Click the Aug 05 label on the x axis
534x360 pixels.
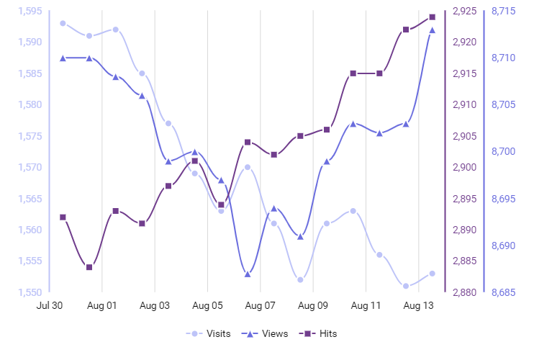pyautogui.click(x=208, y=305)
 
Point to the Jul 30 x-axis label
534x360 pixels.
pyautogui.click(x=49, y=305)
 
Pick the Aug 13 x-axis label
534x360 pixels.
pyautogui.click(x=419, y=305)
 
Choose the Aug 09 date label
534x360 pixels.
pyautogui.click(x=313, y=305)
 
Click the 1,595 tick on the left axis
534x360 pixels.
pyautogui.click(x=30, y=11)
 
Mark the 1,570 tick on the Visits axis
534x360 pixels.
pyautogui.click(x=30, y=167)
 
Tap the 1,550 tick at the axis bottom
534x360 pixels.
pyautogui.click(x=30, y=292)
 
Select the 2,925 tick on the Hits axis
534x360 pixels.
pyautogui.click(x=464, y=11)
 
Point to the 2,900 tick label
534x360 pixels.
pyautogui.click(x=464, y=167)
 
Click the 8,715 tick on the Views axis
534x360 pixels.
pyautogui.click(x=503, y=11)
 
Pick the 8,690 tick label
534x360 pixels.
pyautogui.click(x=503, y=246)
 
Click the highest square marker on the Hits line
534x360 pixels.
pyautogui.click(x=433, y=17)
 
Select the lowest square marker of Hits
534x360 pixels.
pyautogui.click(x=89, y=267)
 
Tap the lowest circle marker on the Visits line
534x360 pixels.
pyautogui.click(x=406, y=286)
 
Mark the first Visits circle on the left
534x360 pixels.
pyautogui.click(x=63, y=23)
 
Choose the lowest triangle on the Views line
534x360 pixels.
pyautogui.click(x=248, y=274)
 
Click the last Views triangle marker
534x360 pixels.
pyautogui.click(x=433, y=30)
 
